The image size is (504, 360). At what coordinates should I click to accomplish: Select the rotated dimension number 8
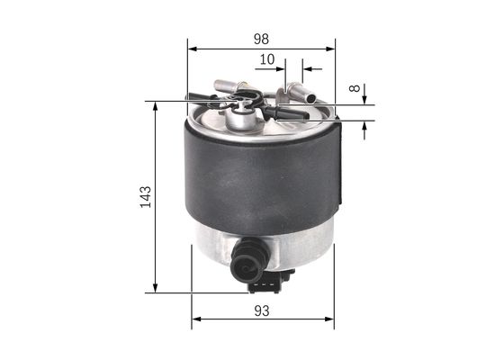point(354,90)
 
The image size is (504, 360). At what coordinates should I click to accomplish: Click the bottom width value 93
point(263,311)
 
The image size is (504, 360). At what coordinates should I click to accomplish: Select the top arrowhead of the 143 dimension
point(156,106)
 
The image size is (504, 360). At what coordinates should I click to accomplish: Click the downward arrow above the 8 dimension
point(365,96)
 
